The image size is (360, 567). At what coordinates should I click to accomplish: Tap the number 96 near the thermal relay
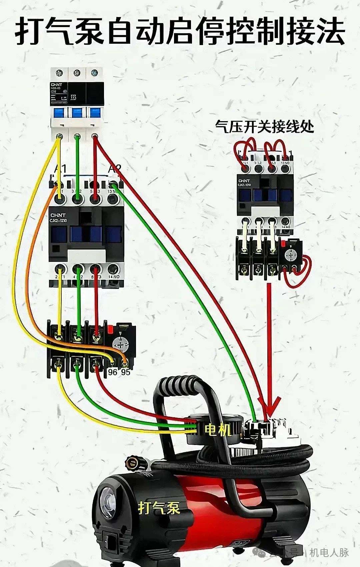tap(113, 372)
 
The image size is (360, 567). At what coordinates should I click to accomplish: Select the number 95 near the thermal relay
tap(126, 372)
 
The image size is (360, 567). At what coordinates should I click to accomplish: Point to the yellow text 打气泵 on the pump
tap(159, 508)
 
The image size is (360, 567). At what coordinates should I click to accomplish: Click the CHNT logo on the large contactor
tap(58, 215)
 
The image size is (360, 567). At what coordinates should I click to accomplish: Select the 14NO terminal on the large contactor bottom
tap(113, 269)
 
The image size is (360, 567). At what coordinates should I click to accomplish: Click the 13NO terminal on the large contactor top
tap(113, 199)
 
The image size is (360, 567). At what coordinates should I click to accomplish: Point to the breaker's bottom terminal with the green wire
tap(77, 136)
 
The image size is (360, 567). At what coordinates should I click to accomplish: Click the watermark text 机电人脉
tap(329, 552)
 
